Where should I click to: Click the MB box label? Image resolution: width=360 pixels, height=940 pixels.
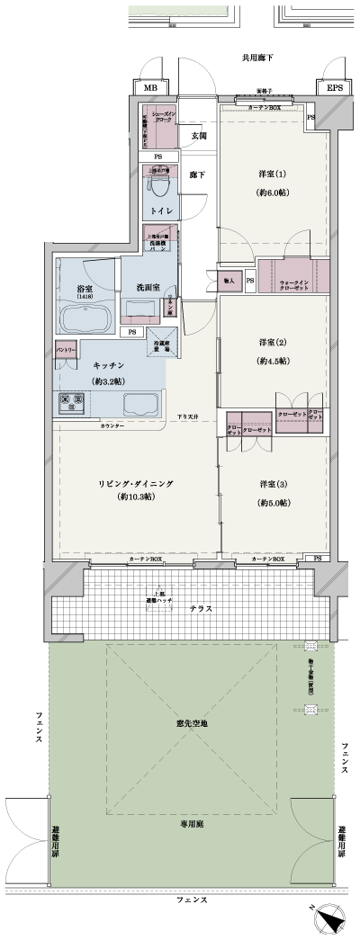[x=150, y=89]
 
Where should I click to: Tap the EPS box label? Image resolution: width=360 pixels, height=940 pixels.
[x=334, y=89]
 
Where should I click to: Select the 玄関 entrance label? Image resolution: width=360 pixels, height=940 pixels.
[x=198, y=136]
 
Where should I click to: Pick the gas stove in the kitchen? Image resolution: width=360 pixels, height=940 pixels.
[x=71, y=403]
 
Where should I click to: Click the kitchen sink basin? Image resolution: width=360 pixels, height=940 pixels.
[x=140, y=403]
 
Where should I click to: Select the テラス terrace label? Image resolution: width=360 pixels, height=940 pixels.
[x=201, y=609]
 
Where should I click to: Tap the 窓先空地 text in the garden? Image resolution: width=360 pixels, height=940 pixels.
[x=193, y=698]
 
